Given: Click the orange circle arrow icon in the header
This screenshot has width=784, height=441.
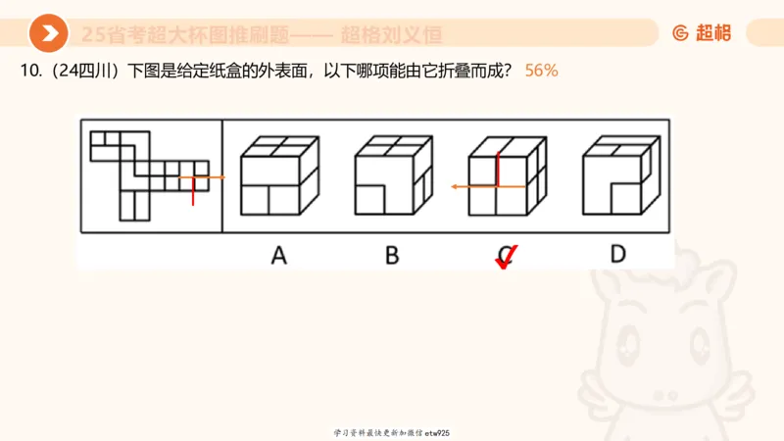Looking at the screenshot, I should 48,33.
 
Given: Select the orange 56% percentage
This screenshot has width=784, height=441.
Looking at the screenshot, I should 541,72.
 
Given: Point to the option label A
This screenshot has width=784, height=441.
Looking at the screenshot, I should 278,256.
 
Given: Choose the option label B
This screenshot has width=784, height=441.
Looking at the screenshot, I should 392,256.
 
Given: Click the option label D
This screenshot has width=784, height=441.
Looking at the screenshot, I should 617,255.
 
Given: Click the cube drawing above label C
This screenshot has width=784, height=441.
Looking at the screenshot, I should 505,175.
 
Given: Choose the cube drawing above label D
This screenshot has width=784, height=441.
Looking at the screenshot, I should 619,175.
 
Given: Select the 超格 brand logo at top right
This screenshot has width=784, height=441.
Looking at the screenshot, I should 702,33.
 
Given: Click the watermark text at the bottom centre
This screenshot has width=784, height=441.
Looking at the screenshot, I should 391,432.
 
